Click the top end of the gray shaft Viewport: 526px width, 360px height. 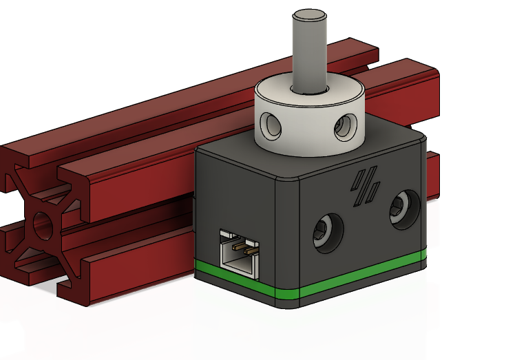(x=309, y=14)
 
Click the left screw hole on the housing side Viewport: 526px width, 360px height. (x=326, y=231)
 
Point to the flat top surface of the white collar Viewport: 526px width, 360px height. (x=275, y=93)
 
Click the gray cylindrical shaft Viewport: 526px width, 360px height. (x=309, y=55)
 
